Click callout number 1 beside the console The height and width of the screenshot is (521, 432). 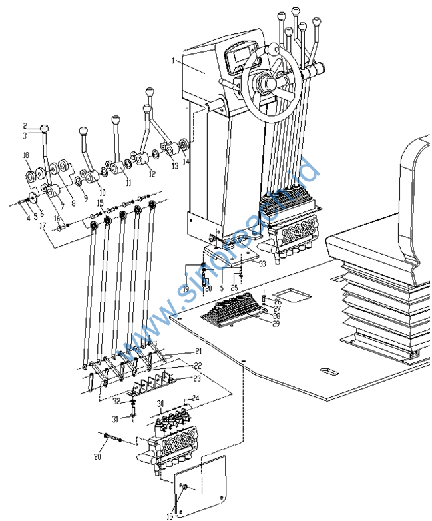[172, 61]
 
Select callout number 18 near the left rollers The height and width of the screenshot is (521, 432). [26, 155]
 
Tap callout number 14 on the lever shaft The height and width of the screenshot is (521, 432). [186, 161]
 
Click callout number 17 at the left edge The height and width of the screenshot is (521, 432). [43, 226]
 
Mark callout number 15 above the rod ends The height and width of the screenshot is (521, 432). [100, 203]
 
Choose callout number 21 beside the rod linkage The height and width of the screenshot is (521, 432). [198, 351]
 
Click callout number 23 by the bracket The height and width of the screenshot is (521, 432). [196, 378]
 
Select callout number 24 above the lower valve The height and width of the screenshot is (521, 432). [195, 398]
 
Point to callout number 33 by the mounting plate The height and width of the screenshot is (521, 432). [262, 264]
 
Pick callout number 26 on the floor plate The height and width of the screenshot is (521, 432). [278, 301]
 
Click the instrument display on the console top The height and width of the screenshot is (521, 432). [240, 59]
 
